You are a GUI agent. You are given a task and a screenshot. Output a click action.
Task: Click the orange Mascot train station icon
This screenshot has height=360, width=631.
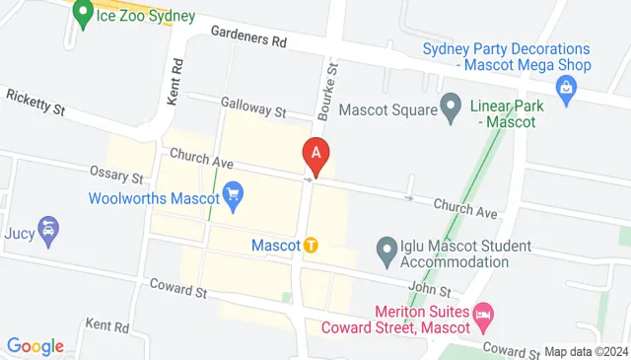click(311, 245)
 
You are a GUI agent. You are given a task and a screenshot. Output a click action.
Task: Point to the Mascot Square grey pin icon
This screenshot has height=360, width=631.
click(452, 106)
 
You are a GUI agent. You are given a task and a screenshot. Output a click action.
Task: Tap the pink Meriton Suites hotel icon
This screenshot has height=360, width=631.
click(484, 317)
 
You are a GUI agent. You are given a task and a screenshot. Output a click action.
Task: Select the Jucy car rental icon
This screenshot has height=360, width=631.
click(46, 231)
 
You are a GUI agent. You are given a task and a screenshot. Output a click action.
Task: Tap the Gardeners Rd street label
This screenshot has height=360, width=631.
click(247, 37)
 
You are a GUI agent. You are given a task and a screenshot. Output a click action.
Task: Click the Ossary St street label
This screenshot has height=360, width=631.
click(117, 175)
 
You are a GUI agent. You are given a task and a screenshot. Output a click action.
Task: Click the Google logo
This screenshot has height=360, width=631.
click(35, 346)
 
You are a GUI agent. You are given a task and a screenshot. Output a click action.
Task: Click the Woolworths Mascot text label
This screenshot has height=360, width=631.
click(153, 197)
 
